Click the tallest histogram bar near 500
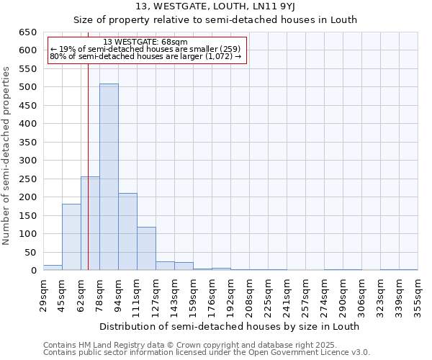[x=109, y=177]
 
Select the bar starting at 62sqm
[x=90, y=223]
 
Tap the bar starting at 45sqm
[x=71, y=237]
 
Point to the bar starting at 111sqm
[x=146, y=248]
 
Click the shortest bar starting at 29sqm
[x=53, y=268]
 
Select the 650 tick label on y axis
[x=28, y=32]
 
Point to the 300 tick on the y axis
[x=28, y=161]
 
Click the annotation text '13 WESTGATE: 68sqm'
[x=145, y=42]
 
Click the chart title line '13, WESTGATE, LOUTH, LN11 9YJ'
[x=216, y=7]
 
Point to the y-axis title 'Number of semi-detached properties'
[x=7, y=156]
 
